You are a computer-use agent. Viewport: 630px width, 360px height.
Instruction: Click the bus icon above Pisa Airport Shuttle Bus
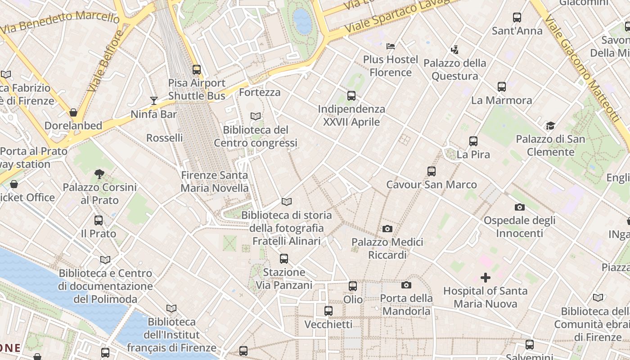pos(197,70)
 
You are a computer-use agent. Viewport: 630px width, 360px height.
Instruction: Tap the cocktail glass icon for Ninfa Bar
pos(154,101)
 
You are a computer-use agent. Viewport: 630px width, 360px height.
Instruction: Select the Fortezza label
pos(260,92)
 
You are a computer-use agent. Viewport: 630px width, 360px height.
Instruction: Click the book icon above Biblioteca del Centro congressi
pos(256,117)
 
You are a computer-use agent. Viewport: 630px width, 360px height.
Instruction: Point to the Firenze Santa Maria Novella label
pos(215,181)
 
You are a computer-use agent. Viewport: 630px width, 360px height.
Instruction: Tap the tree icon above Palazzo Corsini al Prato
pos(99,174)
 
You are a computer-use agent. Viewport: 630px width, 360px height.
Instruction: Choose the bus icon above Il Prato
pos(99,220)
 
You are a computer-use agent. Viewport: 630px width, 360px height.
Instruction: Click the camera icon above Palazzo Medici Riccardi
pos(387,229)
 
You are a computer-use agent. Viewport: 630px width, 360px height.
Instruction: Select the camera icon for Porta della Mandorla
pos(406,285)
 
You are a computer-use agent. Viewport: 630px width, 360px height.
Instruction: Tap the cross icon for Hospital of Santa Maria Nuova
pos(486,278)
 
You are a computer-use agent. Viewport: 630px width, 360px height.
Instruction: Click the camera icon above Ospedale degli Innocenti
pos(520,207)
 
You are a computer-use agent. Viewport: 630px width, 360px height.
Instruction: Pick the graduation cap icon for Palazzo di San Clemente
pos(550,126)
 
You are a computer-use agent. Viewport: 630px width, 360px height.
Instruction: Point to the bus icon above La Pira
pos(473,141)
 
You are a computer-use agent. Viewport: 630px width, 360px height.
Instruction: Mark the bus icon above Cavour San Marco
pos(432,171)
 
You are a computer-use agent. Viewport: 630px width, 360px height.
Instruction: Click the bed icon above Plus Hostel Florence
pos(391,46)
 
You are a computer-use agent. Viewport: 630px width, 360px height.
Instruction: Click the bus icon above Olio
pos(353,286)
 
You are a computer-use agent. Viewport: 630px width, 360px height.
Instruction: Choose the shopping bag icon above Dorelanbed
pos(73,112)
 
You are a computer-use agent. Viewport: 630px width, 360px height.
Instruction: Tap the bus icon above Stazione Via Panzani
pos(283,259)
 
